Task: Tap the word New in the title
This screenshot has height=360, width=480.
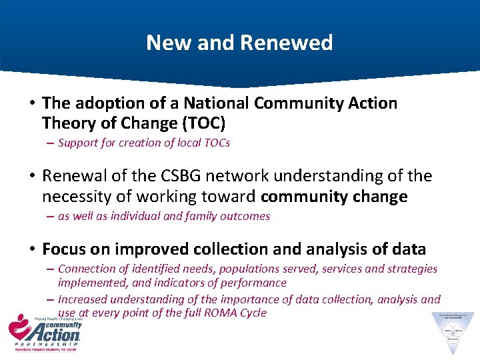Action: (x=163, y=43)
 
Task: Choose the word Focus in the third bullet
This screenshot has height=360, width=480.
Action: (x=64, y=249)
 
